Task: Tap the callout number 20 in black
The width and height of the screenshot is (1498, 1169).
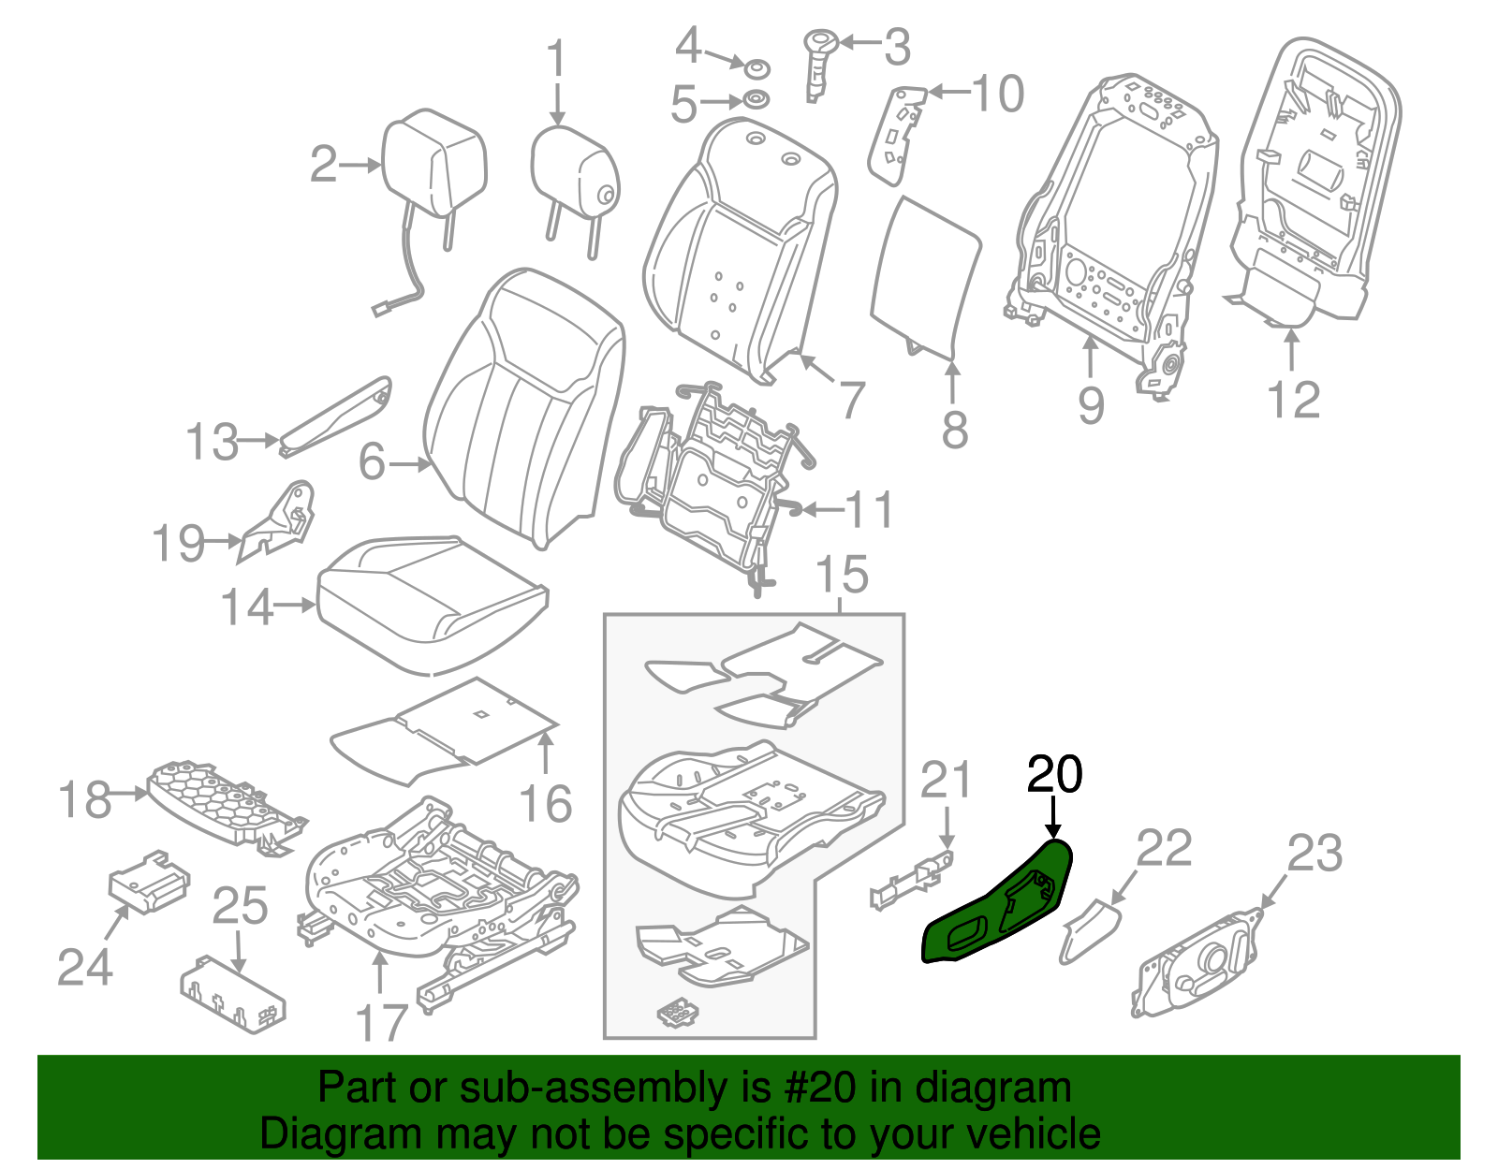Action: point(1054,775)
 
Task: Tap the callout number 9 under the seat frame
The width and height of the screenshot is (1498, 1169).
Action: point(1091,405)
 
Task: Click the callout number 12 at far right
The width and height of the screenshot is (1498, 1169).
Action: point(1293,401)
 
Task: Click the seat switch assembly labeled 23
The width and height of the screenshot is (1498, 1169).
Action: point(1198,964)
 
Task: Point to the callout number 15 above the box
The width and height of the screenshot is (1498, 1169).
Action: point(842,574)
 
